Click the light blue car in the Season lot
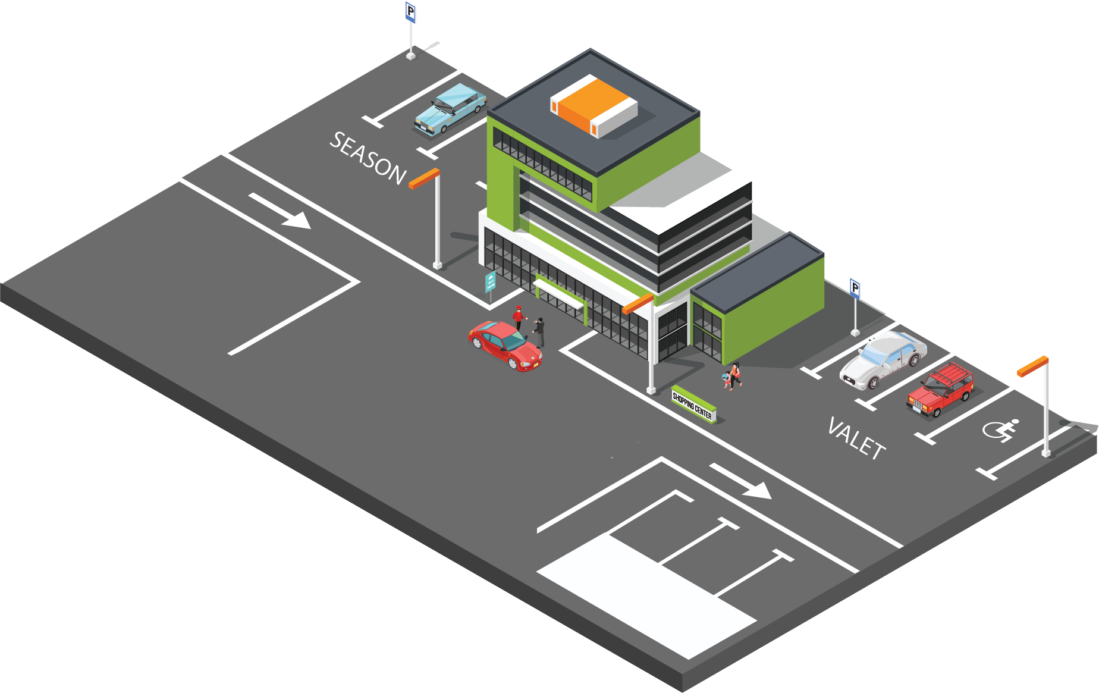(x=450, y=109)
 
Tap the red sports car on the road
(x=505, y=346)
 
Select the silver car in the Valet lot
(x=883, y=360)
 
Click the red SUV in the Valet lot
(x=941, y=390)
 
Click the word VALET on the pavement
(x=856, y=439)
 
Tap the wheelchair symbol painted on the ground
(x=1001, y=429)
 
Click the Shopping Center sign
(x=693, y=405)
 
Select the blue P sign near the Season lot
(x=410, y=12)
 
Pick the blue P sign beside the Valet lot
(x=855, y=289)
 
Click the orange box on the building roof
(x=593, y=106)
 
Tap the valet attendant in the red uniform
(x=518, y=318)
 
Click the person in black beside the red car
(x=539, y=331)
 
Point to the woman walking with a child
(x=735, y=375)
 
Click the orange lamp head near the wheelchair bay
(x=1032, y=366)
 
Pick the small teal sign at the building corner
(x=491, y=281)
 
